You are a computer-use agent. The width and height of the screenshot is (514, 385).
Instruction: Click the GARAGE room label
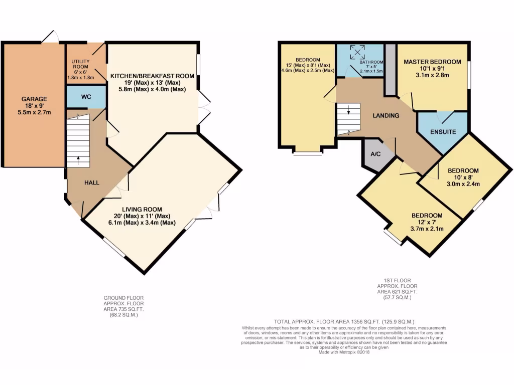pyautogui.click(x=34, y=99)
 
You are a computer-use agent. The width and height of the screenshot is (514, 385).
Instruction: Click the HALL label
pyautogui.click(x=91, y=182)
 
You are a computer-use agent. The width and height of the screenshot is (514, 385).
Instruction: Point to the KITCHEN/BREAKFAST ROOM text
pyautogui.click(x=152, y=76)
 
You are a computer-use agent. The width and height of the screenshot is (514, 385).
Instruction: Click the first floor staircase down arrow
pyautogui.click(x=348, y=111)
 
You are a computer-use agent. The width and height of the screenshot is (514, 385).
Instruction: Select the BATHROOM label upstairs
pyautogui.click(x=370, y=63)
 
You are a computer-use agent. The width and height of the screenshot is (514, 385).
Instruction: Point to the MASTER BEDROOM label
pyautogui.click(x=432, y=62)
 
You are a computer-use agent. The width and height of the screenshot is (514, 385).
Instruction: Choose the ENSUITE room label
pyautogui.click(x=443, y=132)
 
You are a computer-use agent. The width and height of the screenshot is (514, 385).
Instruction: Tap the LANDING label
pyautogui.click(x=385, y=116)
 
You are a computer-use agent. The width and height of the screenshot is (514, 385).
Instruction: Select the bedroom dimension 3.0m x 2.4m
pyautogui.click(x=464, y=183)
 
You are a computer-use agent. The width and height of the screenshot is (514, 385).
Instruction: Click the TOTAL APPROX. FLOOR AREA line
pyautogui.click(x=344, y=321)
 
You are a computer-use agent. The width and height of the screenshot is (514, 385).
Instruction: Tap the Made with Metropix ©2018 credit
pyautogui.click(x=344, y=352)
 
